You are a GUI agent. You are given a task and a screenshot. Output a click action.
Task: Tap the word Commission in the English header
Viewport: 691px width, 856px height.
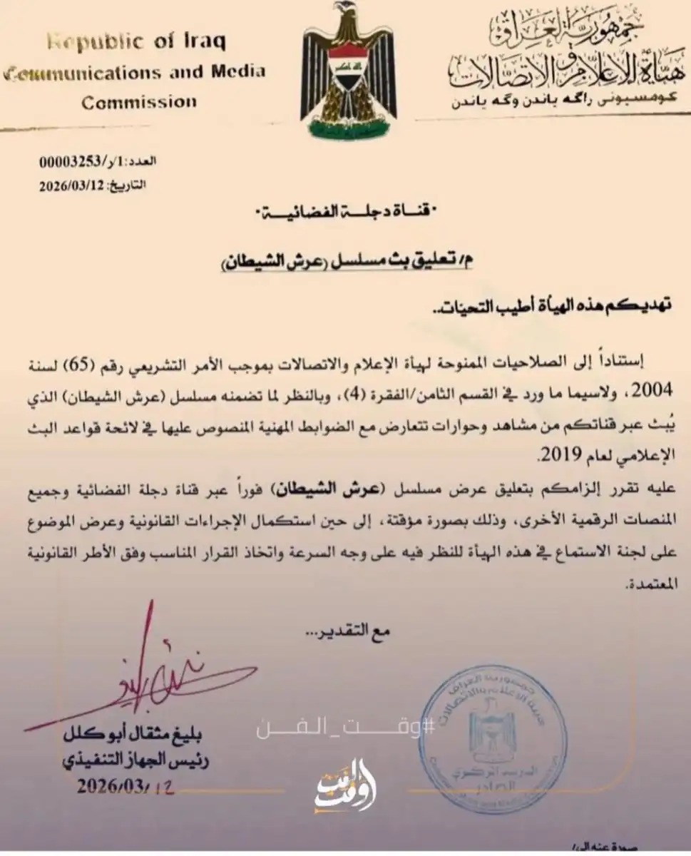(138, 102)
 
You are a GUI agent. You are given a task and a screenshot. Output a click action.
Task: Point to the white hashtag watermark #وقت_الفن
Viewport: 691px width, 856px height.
(346, 728)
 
